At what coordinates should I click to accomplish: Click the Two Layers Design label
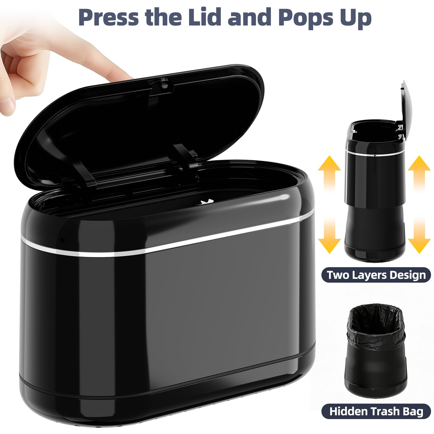pos(376,275)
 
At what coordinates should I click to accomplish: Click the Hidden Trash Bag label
pos(376,411)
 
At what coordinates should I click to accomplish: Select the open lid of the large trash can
pos(141,125)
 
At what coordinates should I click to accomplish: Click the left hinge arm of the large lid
pos(84,174)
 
